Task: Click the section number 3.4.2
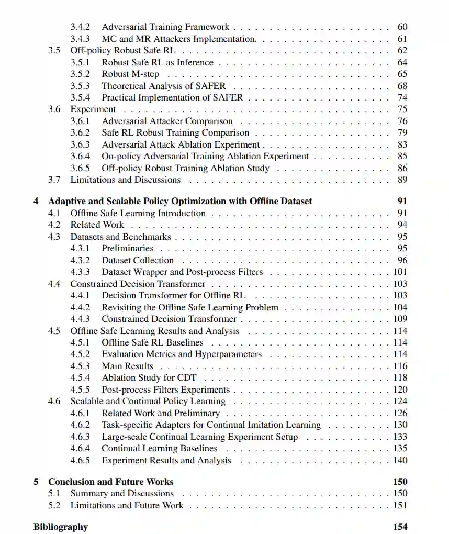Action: pyautogui.click(x=80, y=27)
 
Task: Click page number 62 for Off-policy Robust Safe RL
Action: pyautogui.click(x=402, y=50)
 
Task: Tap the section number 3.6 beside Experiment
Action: pyautogui.click(x=54, y=109)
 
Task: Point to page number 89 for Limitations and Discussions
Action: pyautogui.click(x=402, y=180)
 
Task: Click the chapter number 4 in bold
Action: pyautogui.click(x=36, y=201)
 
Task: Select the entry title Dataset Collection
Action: pyautogui.click(x=138, y=260)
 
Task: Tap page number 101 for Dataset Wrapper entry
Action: pyautogui.click(x=400, y=272)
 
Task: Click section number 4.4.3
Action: pyautogui.click(x=80, y=319)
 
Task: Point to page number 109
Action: pyautogui.click(x=400, y=319)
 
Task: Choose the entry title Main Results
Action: pyautogui.click(x=127, y=366)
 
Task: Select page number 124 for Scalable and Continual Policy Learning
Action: pyautogui.click(x=400, y=401)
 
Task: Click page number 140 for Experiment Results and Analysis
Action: pyautogui.click(x=400, y=460)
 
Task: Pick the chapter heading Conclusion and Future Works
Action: pyautogui.click(x=111, y=482)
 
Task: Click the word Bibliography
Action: pyautogui.click(x=61, y=527)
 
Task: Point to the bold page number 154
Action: pyautogui.click(x=400, y=527)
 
